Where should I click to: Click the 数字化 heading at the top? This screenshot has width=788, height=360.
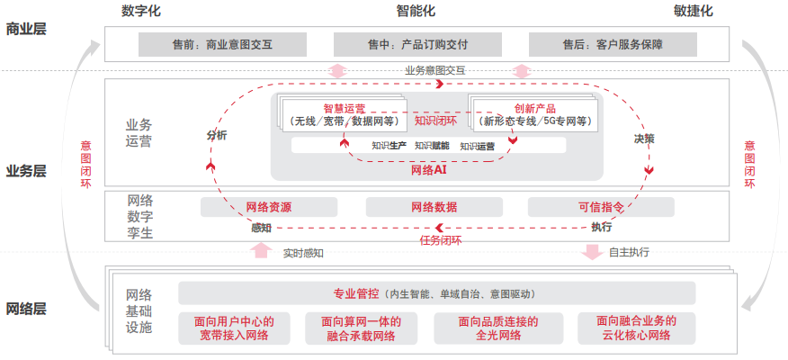tap(148, 12)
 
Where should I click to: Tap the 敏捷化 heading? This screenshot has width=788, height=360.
tap(693, 12)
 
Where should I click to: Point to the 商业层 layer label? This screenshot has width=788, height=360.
tap(25, 29)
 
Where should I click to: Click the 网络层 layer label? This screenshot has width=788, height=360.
tap(25, 309)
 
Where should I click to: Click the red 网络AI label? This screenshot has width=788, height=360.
tap(429, 168)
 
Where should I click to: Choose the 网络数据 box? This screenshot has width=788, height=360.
tap(434, 207)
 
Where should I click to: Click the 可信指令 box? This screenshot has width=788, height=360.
tap(601, 207)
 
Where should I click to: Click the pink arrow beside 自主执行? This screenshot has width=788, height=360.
tap(592, 251)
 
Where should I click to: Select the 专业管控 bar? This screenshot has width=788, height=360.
tap(436, 293)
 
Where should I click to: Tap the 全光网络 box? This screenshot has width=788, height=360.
tap(497, 328)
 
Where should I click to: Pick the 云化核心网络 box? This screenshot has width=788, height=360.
tap(635, 328)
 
